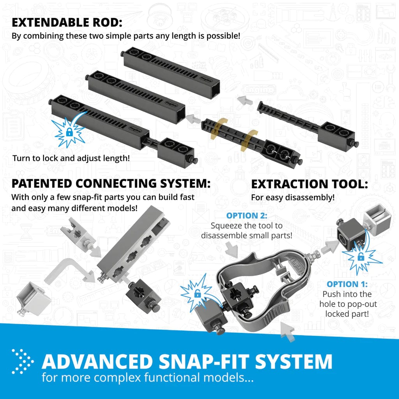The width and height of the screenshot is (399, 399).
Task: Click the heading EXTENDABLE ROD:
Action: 67,23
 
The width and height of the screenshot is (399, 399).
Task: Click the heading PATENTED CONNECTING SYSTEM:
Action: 111,183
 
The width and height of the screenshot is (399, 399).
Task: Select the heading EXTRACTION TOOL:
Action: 309,184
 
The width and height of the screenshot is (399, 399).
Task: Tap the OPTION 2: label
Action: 246,215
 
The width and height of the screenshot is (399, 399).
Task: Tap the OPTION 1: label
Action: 347,284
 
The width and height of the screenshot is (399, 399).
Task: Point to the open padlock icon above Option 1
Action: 361,257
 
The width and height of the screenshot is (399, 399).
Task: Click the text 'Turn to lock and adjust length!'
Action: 71,159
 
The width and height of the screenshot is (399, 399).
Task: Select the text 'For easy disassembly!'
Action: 293,198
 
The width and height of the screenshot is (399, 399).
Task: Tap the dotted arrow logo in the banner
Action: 23,362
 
